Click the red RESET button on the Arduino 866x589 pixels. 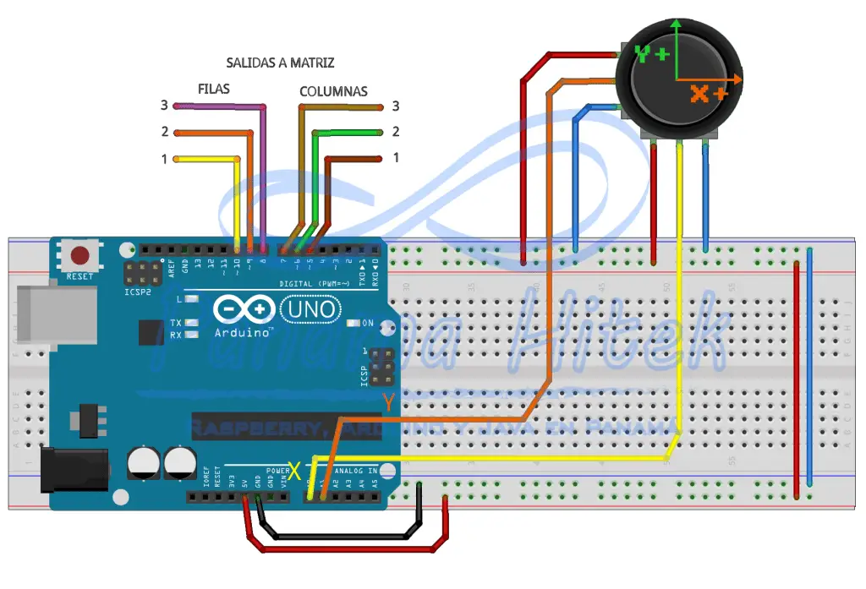pyautogui.click(x=80, y=255)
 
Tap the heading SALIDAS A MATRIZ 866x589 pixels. pyautogui.click(x=280, y=63)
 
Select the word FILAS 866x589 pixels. pyautogui.click(x=213, y=89)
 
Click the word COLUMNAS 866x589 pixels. pyautogui.click(x=333, y=91)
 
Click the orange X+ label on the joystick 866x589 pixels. pyautogui.click(x=708, y=94)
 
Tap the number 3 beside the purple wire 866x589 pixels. pyautogui.click(x=165, y=106)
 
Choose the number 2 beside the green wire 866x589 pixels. pyautogui.click(x=395, y=132)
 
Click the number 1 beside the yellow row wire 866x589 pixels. pyautogui.click(x=165, y=158)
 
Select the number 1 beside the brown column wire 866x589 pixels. pyautogui.click(x=395, y=158)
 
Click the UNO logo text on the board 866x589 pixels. pyautogui.click(x=310, y=310)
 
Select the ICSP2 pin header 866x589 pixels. pyautogui.click(x=144, y=273)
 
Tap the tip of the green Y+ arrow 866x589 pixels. pyautogui.click(x=675, y=22)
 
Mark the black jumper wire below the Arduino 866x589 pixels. pyautogui.click(x=338, y=536)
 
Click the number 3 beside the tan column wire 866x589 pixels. pyautogui.click(x=395, y=106)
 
